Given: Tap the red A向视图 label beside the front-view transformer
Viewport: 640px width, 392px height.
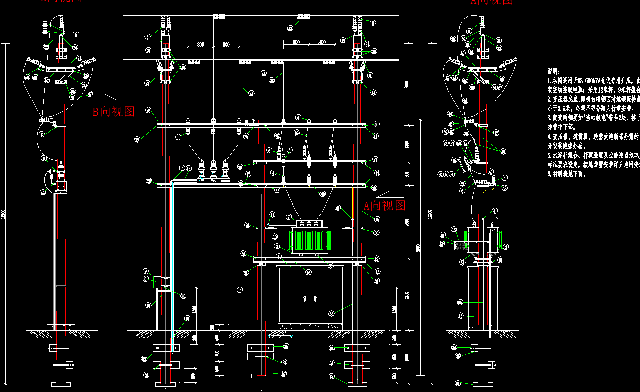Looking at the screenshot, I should pyautogui.click(x=384, y=205).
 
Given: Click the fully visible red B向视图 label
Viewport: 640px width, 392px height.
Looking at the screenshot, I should pyautogui.click(x=113, y=111).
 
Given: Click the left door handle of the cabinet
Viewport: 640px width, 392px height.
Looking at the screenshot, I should pyautogui.click(x=305, y=299).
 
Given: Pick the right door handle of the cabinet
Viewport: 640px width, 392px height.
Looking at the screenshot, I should pyautogui.click(x=315, y=299).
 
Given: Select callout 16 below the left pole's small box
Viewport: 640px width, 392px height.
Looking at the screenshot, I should pyautogui.click(x=148, y=305).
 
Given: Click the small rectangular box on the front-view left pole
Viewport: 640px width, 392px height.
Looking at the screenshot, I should pyautogui.click(x=162, y=282).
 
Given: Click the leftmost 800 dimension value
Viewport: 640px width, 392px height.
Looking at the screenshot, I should pyautogui.click(x=201, y=45).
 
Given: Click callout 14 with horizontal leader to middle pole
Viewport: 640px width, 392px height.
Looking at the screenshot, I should pyautogui.click(x=240, y=290).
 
